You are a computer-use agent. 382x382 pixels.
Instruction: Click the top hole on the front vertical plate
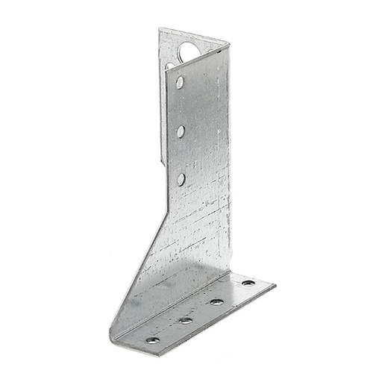[180, 82]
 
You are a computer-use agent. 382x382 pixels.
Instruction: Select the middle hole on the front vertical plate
[181, 131]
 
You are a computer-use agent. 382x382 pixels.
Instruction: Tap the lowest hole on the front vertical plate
[181, 178]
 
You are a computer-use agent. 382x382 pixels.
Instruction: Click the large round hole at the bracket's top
[189, 51]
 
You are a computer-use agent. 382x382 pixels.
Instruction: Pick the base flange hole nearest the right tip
[248, 283]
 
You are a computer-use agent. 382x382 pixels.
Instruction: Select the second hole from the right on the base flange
[216, 301]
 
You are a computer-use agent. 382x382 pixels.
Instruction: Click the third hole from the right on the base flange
[185, 320]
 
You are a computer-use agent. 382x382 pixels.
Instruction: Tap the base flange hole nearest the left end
[152, 339]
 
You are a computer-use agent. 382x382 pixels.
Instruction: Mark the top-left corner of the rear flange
[159, 29]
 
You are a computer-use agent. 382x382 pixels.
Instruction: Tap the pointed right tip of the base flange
[275, 284]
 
